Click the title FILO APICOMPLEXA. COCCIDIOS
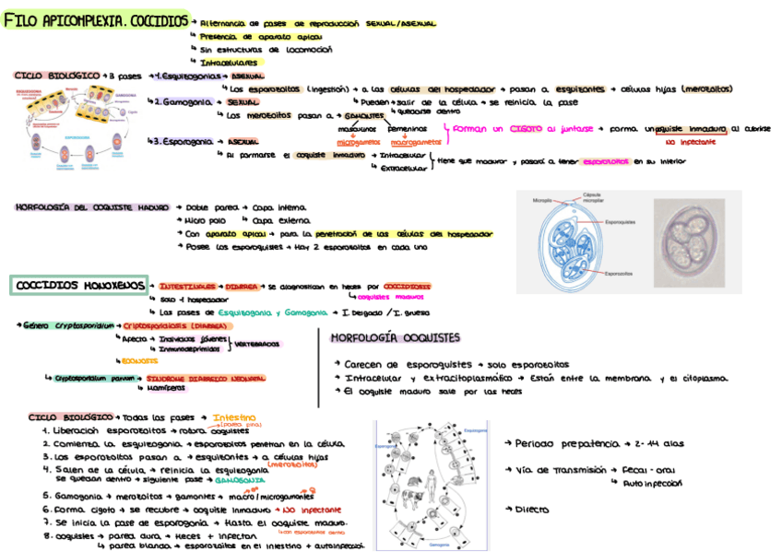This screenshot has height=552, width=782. click(x=96, y=19)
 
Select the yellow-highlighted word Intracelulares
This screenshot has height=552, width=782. click(x=229, y=62)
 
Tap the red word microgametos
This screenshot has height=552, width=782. click(x=358, y=143)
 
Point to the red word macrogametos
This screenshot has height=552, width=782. click(x=415, y=143)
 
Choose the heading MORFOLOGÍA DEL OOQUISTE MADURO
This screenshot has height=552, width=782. click(x=92, y=208)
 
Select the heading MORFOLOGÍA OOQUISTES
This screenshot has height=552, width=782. click(x=392, y=338)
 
